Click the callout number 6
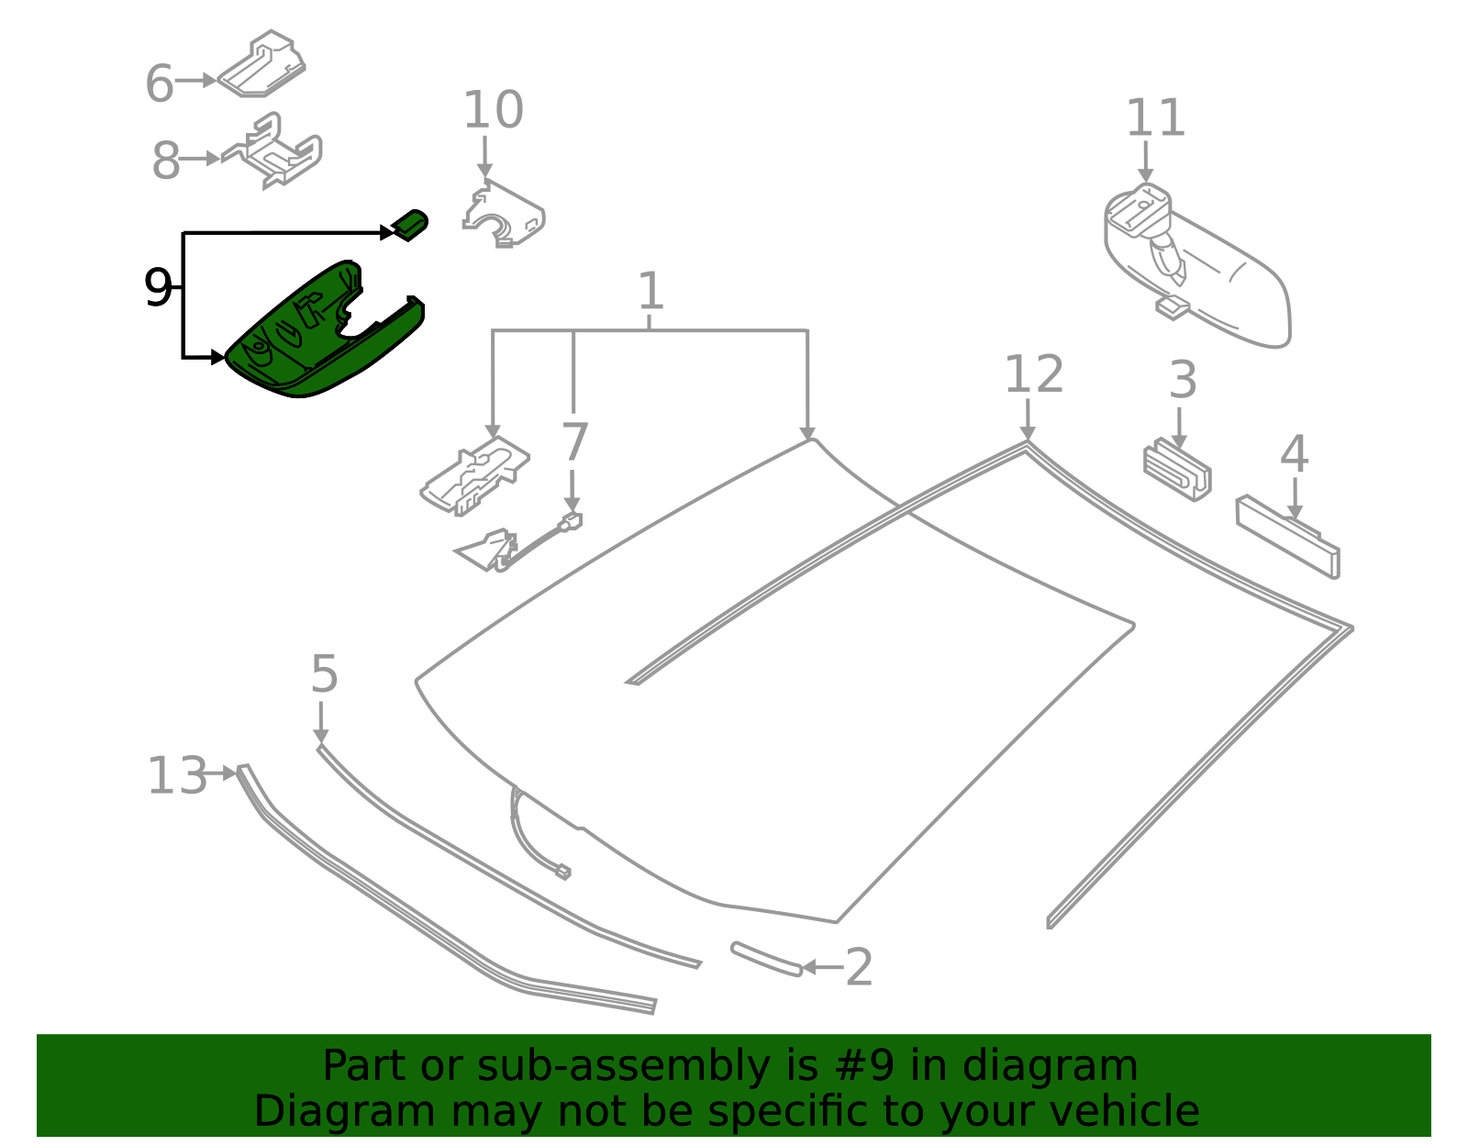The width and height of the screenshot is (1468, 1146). [160, 83]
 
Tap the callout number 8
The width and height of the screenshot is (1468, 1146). [165, 161]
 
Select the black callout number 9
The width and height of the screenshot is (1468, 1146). [158, 287]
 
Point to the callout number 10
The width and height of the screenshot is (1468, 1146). [494, 109]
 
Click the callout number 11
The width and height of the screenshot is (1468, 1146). [1155, 117]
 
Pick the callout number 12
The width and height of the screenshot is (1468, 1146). [1034, 373]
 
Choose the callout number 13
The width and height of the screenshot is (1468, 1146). [177, 775]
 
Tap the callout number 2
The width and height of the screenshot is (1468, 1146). [859, 967]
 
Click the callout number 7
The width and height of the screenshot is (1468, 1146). [574, 441]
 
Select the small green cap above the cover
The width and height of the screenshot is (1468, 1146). [410, 225]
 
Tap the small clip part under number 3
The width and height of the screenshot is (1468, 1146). [1177, 470]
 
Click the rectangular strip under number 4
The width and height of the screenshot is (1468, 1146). [1287, 537]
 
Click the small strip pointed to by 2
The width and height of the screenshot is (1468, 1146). [767, 959]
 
